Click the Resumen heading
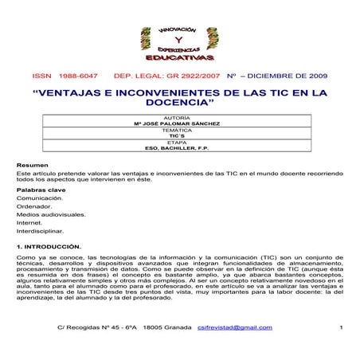click(29, 165)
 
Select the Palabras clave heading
click(38, 191)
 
